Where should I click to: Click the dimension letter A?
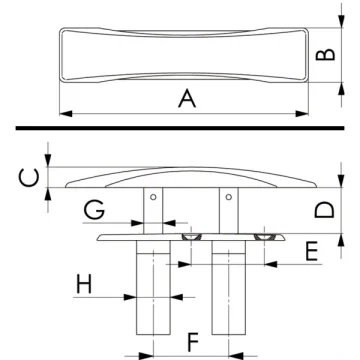coord(185,97)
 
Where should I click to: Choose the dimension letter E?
coord(312,250)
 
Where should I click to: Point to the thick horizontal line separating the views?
coord(180,128)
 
